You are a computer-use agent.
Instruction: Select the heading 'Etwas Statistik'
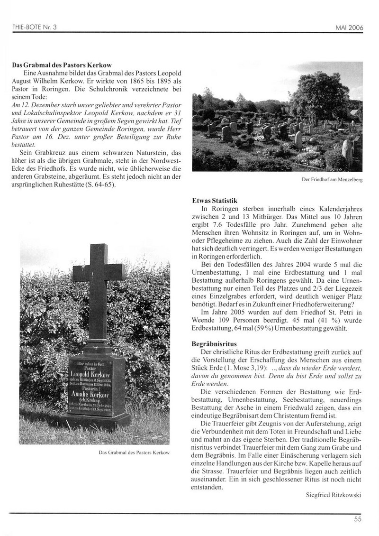[214, 201]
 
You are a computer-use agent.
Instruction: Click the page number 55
[358, 519]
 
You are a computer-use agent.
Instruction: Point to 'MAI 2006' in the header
[349, 28]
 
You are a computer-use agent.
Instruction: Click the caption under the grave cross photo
[134, 452]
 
